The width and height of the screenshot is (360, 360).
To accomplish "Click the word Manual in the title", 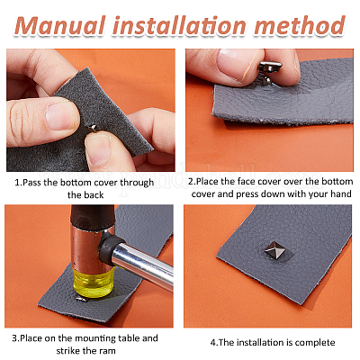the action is coord(60,25).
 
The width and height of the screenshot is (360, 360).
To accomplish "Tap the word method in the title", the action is coord(300,25).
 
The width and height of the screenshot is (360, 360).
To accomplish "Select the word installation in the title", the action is coord(180,25).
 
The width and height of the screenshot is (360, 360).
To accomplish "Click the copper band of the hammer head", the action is coord(87,246).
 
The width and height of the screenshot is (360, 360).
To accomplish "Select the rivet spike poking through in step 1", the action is coord(92,129).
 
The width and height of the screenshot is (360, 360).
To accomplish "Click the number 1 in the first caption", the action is coord(17,183).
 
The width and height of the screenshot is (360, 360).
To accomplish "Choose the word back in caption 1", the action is coord(94,195).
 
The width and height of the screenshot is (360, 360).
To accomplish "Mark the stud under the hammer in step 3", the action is coord(80,299).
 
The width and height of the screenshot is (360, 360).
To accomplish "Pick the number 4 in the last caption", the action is coord(212,342).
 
